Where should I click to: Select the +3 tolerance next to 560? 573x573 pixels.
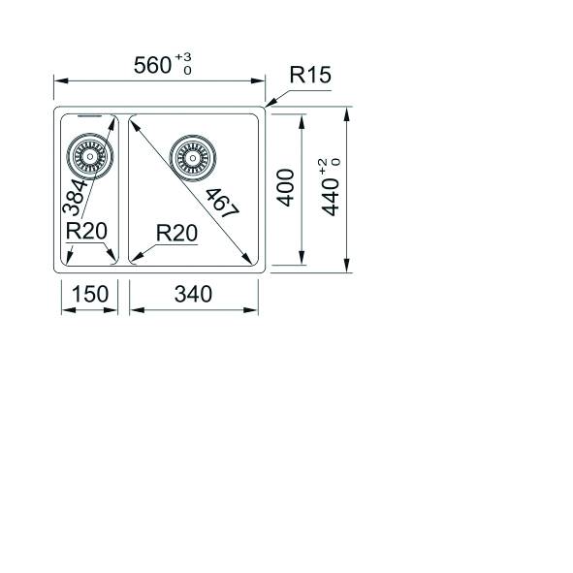click(x=184, y=61)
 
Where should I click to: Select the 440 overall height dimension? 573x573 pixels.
click(x=329, y=194)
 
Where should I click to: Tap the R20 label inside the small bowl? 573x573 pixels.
click(x=86, y=232)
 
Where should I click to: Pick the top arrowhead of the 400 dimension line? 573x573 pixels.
click(x=306, y=118)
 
